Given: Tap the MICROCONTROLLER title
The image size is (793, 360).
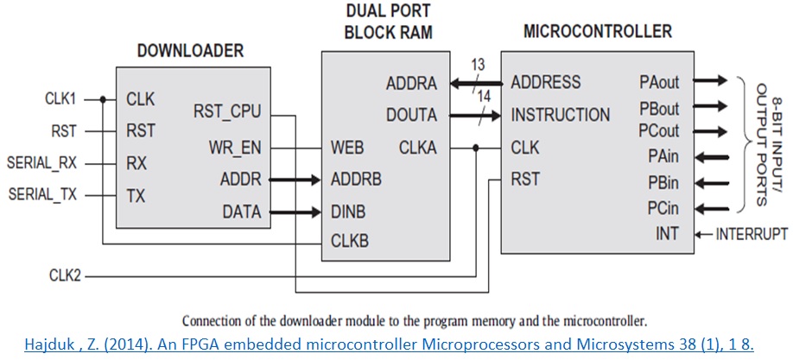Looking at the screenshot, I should [597, 31].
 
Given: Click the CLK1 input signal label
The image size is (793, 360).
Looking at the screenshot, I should [61, 98].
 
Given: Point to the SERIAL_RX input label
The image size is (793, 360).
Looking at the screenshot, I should [41, 162].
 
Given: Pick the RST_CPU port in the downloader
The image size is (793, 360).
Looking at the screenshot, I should [230, 112].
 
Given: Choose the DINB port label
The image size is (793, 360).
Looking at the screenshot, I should [349, 212].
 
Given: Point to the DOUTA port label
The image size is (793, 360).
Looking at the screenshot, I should [410, 116].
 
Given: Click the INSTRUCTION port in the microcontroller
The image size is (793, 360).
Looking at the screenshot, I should [560, 115].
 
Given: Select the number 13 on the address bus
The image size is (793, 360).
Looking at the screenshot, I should [478, 66].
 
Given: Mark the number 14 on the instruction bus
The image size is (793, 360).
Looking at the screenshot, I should [484, 98].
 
